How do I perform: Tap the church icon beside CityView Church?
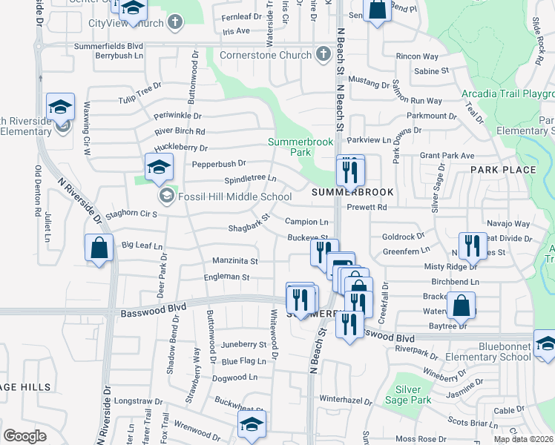pos(174,22)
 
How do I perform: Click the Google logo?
pos(24,435)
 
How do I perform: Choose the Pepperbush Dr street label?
pos(219,163)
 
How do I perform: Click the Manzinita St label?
pos(234,261)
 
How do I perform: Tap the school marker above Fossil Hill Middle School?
pos(159,168)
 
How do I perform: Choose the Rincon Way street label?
pos(418,56)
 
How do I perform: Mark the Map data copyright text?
pos(523,439)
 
